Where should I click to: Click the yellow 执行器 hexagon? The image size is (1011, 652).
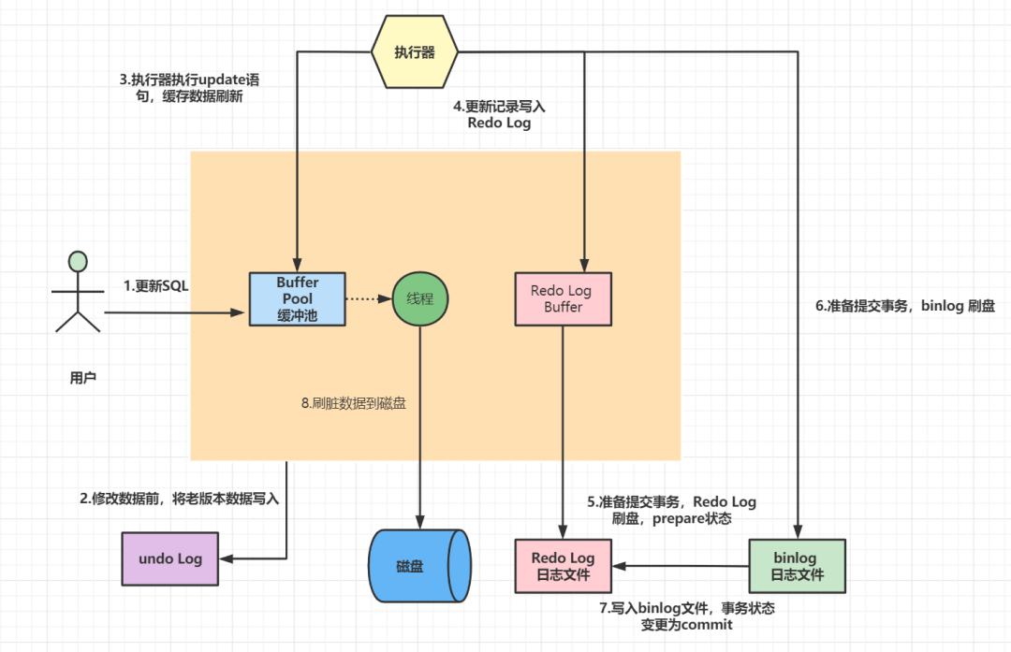(x=416, y=52)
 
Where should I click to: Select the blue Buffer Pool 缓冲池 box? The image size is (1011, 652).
(x=298, y=299)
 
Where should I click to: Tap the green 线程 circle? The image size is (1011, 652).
(x=420, y=299)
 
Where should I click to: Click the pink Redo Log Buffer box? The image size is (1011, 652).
(x=563, y=299)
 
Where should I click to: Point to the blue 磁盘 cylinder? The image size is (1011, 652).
(x=418, y=566)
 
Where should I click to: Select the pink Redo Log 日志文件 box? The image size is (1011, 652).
(x=562, y=566)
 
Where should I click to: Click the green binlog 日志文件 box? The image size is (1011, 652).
(x=796, y=566)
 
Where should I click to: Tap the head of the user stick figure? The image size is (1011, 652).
(x=78, y=262)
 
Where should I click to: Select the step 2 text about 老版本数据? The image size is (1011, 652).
(x=179, y=499)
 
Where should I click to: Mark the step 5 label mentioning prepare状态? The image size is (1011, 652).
(x=671, y=510)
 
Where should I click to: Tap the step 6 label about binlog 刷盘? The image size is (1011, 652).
(x=905, y=306)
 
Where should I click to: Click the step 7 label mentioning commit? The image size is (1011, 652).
(x=686, y=616)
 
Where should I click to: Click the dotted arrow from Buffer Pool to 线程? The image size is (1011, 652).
(x=368, y=299)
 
